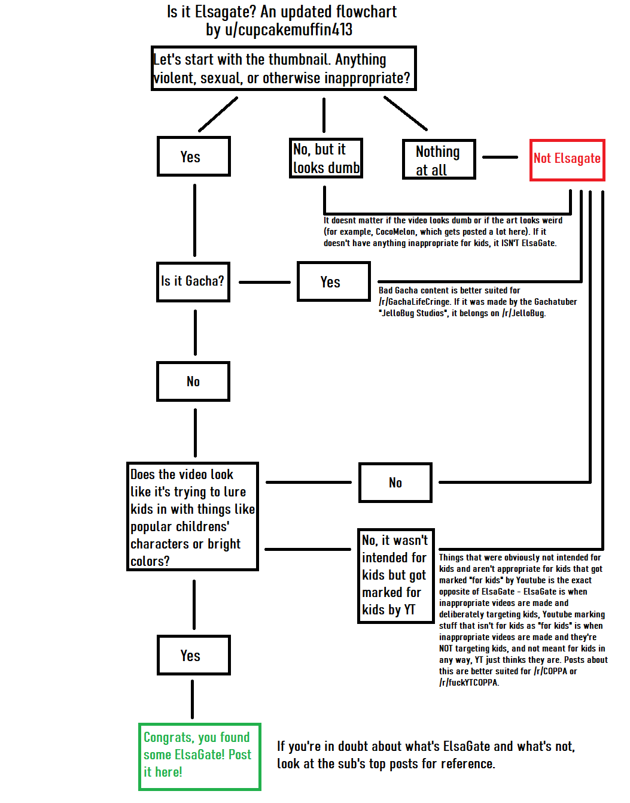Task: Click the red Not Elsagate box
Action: pyautogui.click(x=567, y=160)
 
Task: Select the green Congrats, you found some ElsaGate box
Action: pyautogui.click(x=199, y=756)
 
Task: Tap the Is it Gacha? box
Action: pyautogui.click(x=193, y=281)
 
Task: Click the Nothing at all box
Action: pyautogui.click(x=439, y=160)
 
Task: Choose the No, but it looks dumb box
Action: pyautogui.click(x=326, y=158)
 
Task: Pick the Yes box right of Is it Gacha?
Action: pyautogui.click(x=333, y=281)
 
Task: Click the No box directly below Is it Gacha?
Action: pyautogui.click(x=193, y=381)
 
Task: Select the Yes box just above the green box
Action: pyautogui.click(x=193, y=655)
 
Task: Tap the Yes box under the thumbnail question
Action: pyautogui.click(x=193, y=156)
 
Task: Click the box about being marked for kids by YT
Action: pyautogui.click(x=395, y=575)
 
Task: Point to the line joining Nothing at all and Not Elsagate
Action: pyautogui.click(x=500, y=157)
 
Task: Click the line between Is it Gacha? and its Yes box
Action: pyautogui.click(x=264, y=282)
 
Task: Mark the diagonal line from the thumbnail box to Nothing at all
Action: pyautogui.click(x=405, y=113)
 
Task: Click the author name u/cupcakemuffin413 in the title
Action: pyautogui.click(x=288, y=30)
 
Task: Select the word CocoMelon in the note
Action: pyautogui.click(x=395, y=232)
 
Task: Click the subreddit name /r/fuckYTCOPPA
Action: pyautogui.click(x=468, y=683)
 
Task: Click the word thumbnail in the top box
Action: pyautogui.click(x=300, y=60)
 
